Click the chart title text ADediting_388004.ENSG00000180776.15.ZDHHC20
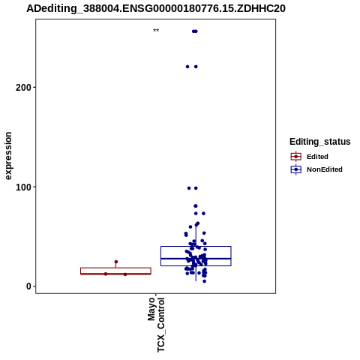click(x=156, y=9)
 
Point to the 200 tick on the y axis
click(x=34, y=87)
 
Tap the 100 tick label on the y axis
click(x=23, y=187)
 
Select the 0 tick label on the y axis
click(x=28, y=286)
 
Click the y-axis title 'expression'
click(x=8, y=156)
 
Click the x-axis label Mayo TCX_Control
click(x=156, y=325)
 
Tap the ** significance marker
click(x=156, y=31)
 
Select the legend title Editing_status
click(x=320, y=142)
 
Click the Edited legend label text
click(x=317, y=157)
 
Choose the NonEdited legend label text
click(x=325, y=169)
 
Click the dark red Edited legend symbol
click(x=296, y=157)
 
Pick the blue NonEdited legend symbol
click(x=296, y=169)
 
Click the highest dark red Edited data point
click(x=116, y=262)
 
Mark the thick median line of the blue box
click(x=196, y=259)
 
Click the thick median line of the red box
click(x=115, y=274)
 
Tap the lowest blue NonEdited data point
click(x=205, y=281)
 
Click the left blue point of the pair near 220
click(x=187, y=67)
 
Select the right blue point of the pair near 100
click(x=196, y=188)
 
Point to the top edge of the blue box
click(x=196, y=247)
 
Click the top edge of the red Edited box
click(x=115, y=268)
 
